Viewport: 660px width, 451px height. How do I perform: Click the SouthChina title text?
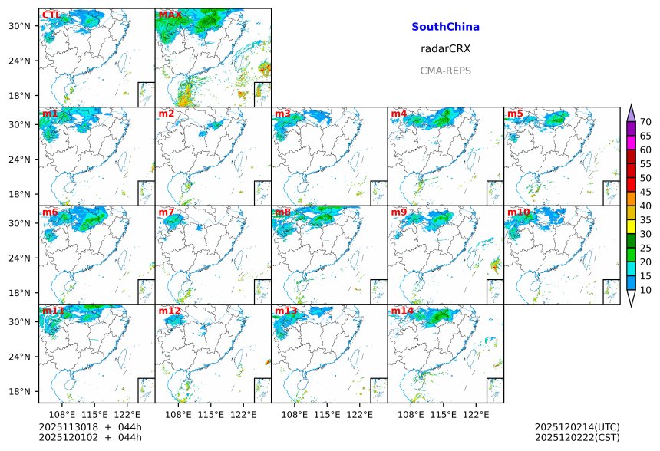445,27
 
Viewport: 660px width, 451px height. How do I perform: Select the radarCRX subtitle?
445,48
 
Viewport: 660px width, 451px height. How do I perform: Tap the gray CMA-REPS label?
445,71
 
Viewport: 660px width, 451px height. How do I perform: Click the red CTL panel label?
51,15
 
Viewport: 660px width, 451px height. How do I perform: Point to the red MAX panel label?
170,15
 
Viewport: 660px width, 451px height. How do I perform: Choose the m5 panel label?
515,114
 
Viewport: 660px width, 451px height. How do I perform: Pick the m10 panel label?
518,212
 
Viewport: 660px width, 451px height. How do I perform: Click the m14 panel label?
402,311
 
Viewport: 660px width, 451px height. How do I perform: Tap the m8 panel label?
282,212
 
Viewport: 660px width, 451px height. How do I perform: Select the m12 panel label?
170,311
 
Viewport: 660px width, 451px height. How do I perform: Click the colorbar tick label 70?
645,122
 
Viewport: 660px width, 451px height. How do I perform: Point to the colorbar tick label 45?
645,192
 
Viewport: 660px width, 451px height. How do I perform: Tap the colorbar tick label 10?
645,290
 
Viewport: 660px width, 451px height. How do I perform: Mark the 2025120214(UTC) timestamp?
577,426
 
